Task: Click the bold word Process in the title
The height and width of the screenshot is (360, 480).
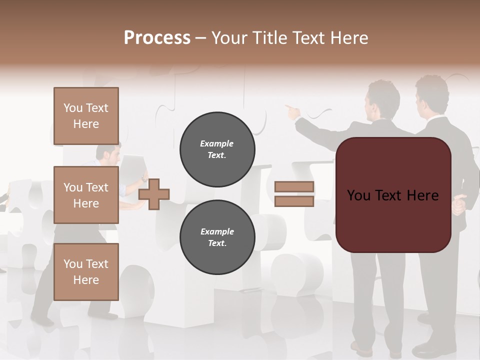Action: pyautogui.click(x=157, y=38)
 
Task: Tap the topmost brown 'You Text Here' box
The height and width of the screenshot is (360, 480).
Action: pyautogui.click(x=86, y=116)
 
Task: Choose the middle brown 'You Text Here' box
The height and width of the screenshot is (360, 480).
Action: pyautogui.click(x=86, y=195)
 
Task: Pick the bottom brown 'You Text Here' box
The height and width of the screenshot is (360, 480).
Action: pyautogui.click(x=86, y=272)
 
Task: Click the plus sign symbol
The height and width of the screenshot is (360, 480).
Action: pyautogui.click(x=154, y=194)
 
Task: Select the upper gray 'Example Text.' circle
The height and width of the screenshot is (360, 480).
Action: pyautogui.click(x=217, y=149)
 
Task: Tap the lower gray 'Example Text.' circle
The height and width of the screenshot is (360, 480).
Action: pyautogui.click(x=217, y=237)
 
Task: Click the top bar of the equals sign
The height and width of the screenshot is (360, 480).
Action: pyautogui.click(x=294, y=187)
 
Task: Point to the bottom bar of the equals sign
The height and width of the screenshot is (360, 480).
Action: pyautogui.click(x=294, y=201)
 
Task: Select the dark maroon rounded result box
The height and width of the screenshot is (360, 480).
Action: pyautogui.click(x=393, y=195)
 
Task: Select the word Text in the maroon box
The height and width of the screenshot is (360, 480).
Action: pyautogui.click(x=392, y=195)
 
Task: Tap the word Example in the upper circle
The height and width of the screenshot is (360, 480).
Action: pyautogui.click(x=217, y=143)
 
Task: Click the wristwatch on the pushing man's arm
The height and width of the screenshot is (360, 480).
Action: pyautogui.click(x=144, y=178)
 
